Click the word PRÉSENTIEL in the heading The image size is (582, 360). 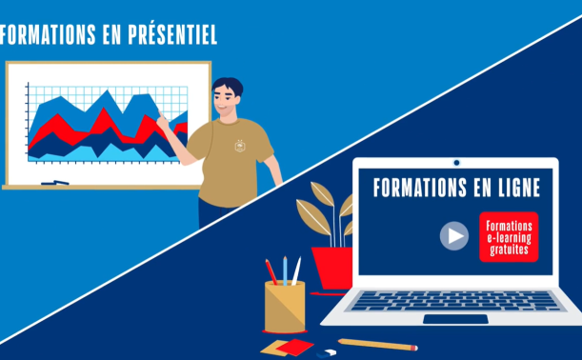(172, 34)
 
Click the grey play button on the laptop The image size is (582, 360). (454, 235)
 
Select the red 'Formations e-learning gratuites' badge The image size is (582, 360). (509, 237)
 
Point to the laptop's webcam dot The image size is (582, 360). (456, 163)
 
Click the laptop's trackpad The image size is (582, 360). (455, 319)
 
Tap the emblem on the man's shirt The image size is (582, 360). (241, 146)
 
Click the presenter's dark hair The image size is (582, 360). (228, 86)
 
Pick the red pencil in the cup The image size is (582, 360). (271, 272)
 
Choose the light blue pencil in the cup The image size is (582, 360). (285, 270)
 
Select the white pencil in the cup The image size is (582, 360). (296, 270)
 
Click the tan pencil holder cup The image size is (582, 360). (285, 307)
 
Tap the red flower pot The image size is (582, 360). (332, 268)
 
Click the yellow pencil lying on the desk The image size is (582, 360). (378, 345)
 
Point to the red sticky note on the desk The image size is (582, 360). (294, 347)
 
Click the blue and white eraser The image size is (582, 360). (327, 353)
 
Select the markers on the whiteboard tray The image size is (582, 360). (55, 183)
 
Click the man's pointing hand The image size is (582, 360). (163, 121)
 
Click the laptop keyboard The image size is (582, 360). (456, 301)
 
